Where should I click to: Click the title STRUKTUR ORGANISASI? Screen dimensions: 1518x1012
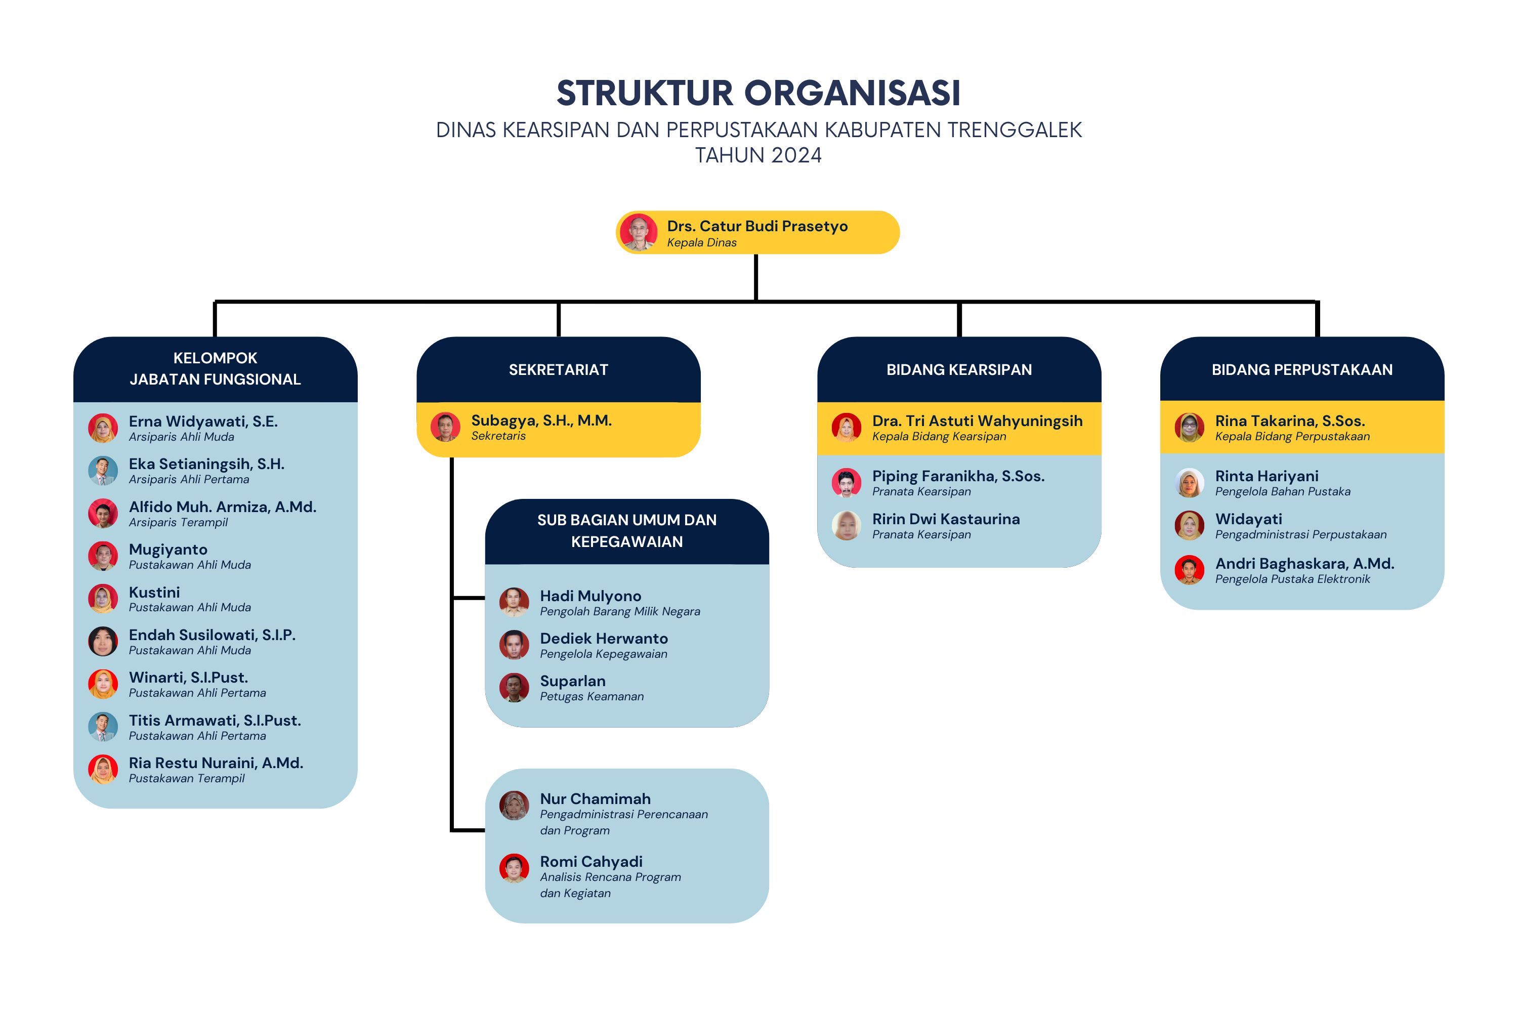coord(758,93)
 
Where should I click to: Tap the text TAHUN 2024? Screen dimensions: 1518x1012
coord(758,155)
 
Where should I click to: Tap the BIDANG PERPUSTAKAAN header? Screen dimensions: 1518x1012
coord(1302,370)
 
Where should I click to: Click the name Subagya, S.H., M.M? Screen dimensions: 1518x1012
coord(541,421)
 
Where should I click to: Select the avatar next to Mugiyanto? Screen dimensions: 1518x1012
coord(103,556)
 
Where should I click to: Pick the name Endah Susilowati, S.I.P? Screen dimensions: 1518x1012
coord(213,635)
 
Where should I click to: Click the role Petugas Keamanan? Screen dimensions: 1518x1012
coord(592,697)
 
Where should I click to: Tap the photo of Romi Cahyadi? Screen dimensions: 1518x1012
coord(515,868)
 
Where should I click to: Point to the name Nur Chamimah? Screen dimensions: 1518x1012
coord(595,799)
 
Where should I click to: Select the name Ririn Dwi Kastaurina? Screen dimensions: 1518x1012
coord(946,520)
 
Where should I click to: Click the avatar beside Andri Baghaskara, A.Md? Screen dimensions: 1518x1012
coord(1190,570)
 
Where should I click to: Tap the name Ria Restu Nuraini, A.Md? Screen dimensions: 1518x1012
coord(216,763)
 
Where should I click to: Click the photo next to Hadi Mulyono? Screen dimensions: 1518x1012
coord(515,602)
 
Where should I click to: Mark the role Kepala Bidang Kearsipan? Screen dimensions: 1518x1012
coord(939,437)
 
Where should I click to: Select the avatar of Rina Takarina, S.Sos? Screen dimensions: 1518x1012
coord(1190,427)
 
